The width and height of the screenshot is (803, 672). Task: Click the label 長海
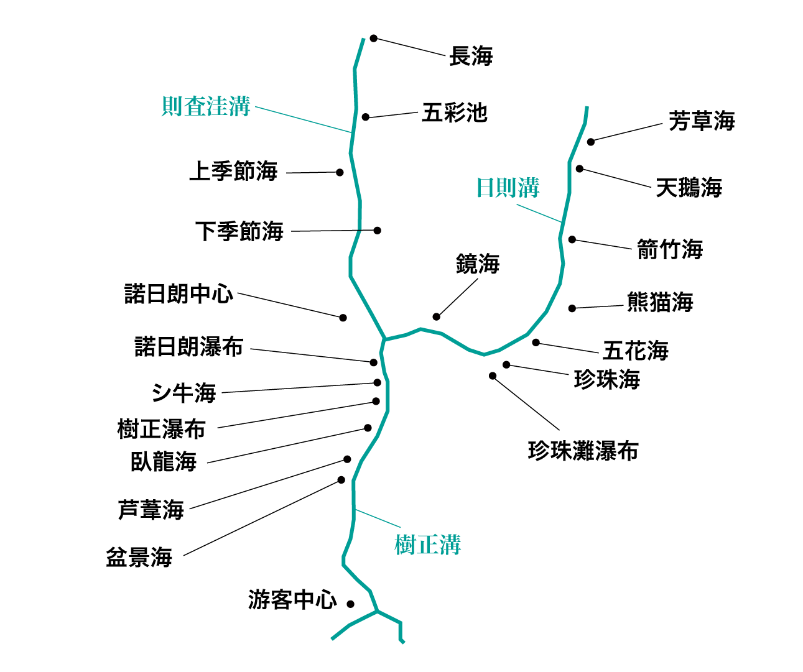tap(471, 56)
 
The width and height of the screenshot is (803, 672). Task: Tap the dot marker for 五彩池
tap(366, 117)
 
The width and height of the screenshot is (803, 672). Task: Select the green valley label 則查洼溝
tap(205, 106)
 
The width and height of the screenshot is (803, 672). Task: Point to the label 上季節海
tap(233, 171)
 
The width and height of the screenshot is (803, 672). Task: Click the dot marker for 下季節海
tap(377, 230)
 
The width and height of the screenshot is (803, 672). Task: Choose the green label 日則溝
tap(508, 187)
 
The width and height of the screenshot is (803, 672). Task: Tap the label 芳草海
tap(702, 121)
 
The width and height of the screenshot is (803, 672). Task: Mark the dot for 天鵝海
tap(580, 168)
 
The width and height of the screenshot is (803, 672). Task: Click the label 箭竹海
tap(670, 250)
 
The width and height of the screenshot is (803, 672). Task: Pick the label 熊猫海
tap(660, 303)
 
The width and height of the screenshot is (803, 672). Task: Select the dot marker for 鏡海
tap(437, 317)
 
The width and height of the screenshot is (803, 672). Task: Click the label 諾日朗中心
tap(179, 293)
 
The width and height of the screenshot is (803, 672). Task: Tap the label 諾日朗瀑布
tap(189, 347)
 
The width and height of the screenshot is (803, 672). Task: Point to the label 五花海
tap(636, 351)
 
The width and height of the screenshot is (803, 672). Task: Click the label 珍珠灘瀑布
tap(583, 451)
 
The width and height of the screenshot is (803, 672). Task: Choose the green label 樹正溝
tap(427, 545)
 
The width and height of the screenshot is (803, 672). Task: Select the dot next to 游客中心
tap(351, 604)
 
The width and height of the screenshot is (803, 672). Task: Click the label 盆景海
tap(139, 558)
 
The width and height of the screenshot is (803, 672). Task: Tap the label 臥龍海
tap(164, 462)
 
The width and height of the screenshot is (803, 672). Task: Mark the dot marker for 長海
tap(374, 39)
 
